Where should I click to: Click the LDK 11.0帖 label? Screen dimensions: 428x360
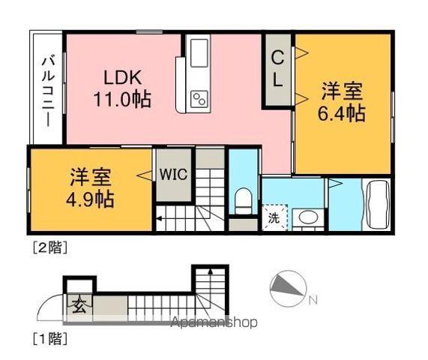[122, 88]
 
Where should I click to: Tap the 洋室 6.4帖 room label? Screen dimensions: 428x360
[342, 102]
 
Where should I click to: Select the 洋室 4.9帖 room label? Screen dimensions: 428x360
[91, 188]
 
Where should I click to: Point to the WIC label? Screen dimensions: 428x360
[174, 174]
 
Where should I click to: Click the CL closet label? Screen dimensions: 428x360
[278, 69]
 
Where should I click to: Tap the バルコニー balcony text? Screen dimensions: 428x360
[48, 91]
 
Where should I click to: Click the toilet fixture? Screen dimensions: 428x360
[243, 201]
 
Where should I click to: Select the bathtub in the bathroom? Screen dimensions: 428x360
[378, 205]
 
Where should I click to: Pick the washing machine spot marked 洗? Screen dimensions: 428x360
[274, 218]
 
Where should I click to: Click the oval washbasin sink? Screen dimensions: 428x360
[308, 217]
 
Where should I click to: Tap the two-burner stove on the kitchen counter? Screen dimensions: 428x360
[199, 98]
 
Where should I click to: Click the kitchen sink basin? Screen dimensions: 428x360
[199, 53]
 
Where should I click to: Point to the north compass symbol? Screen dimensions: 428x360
[289, 289]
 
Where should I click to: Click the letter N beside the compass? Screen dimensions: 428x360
[313, 301]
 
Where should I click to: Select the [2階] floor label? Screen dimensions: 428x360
[50, 248]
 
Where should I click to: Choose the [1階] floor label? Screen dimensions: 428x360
[50, 339]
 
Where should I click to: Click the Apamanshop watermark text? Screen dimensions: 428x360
[214, 322]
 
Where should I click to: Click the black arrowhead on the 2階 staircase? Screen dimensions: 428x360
[159, 218]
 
